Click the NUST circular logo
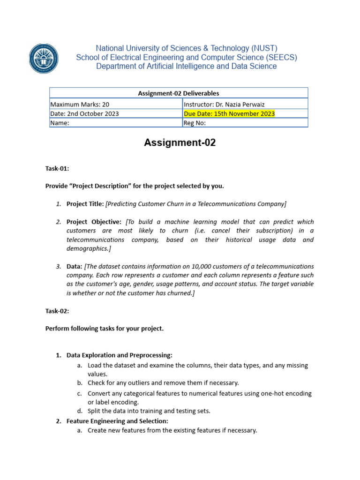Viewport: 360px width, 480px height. click(x=44, y=58)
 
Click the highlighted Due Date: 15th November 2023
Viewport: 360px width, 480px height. click(x=229, y=113)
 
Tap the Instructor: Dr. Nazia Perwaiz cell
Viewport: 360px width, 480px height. click(x=221, y=105)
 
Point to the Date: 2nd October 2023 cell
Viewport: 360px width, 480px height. click(x=84, y=113)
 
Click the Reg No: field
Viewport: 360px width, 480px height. click(x=195, y=123)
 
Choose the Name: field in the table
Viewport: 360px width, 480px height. click(x=60, y=123)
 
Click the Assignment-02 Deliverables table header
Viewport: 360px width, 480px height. click(x=179, y=93)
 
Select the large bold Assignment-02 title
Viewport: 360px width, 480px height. click(x=180, y=143)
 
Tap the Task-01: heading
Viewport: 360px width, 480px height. click(x=57, y=169)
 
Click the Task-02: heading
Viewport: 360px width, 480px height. click(x=57, y=311)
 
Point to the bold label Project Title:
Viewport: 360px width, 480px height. click(x=85, y=203)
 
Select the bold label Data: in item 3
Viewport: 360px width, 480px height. click(x=75, y=266)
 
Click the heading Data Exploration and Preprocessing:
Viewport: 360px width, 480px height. click(x=120, y=355)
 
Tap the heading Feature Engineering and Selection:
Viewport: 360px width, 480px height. click(x=117, y=421)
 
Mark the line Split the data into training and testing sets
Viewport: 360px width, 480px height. click(x=149, y=411)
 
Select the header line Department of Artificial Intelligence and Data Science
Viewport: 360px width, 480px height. click(x=186, y=67)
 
